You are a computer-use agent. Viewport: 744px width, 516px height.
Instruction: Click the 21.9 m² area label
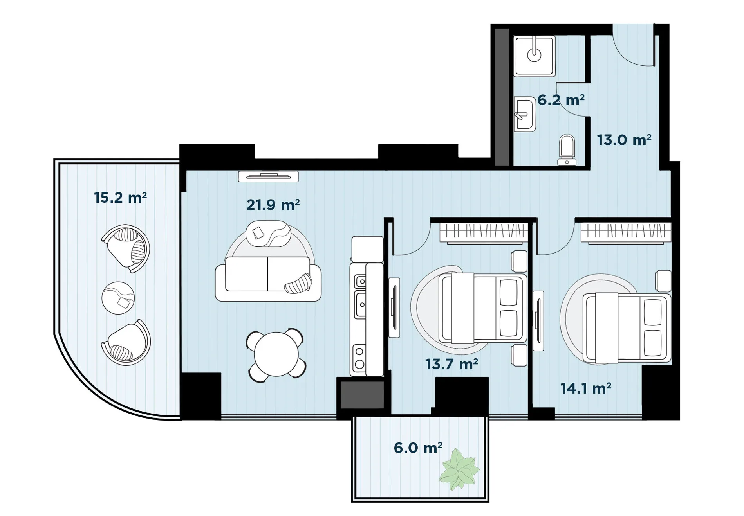point(273,205)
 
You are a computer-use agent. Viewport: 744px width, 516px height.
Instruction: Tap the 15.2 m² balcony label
point(120,198)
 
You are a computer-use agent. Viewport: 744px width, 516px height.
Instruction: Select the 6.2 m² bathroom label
point(561,100)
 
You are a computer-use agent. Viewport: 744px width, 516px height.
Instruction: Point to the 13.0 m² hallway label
point(624,140)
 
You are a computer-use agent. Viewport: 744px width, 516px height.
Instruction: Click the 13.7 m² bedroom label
point(451,364)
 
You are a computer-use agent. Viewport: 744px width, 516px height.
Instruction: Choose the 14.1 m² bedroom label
point(586,388)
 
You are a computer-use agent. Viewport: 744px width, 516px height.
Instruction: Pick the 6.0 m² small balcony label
point(418,448)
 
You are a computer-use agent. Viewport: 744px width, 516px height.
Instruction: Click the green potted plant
point(459,469)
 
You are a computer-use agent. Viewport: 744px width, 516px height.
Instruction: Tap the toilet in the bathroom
point(567,150)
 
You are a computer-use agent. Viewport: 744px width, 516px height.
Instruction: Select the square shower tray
point(534,56)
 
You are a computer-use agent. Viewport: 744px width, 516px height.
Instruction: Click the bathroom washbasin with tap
point(524,114)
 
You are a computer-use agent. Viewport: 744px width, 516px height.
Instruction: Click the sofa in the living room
point(268,279)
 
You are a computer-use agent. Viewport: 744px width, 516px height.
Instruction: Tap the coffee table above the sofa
point(268,234)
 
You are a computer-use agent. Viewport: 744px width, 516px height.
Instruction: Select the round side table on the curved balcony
point(118,298)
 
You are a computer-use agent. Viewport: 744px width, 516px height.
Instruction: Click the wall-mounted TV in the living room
point(268,176)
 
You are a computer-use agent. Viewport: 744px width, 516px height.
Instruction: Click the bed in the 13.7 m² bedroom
point(483,308)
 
